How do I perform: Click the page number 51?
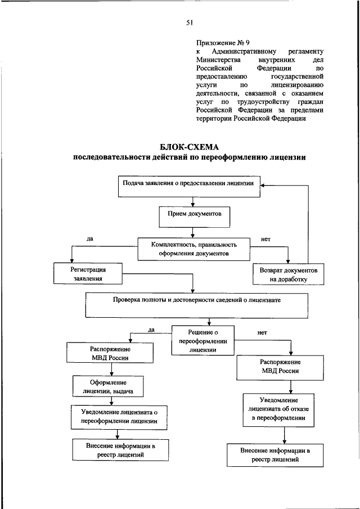click(189, 22)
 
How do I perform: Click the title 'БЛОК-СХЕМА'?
click(189, 147)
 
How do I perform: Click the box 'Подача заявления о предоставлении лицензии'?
click(189, 186)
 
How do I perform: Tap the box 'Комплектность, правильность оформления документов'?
click(193, 249)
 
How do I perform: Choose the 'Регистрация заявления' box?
click(88, 274)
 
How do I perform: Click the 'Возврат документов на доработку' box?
click(288, 274)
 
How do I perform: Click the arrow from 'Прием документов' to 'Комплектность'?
click(193, 231)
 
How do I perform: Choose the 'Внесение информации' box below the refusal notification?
click(276, 455)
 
